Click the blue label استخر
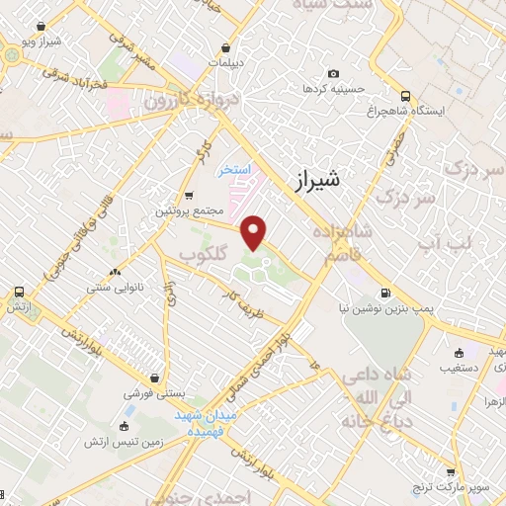[239, 169]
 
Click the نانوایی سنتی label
[116, 288]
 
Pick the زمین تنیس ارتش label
[124, 440]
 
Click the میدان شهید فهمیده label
[207, 424]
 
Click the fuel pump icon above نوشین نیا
[384, 293]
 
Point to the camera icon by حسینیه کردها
[333, 73]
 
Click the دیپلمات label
[226, 61]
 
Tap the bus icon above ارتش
[19, 293]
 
